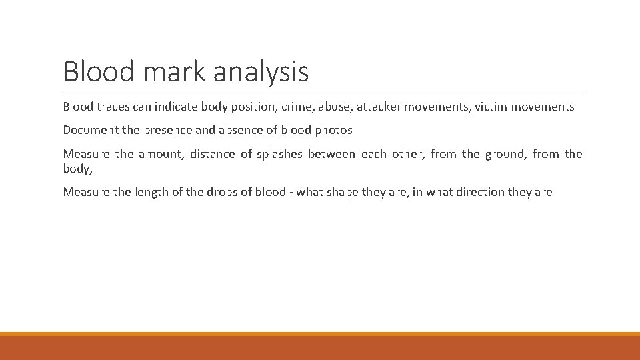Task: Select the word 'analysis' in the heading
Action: [x=261, y=72]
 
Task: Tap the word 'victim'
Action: [x=492, y=107]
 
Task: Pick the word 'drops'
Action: [x=221, y=192]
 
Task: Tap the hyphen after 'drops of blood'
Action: [x=291, y=193]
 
